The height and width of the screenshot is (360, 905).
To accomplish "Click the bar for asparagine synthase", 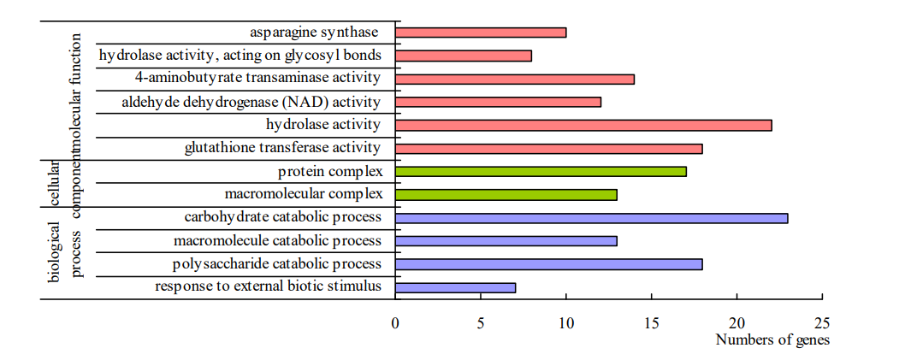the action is click(x=481, y=32).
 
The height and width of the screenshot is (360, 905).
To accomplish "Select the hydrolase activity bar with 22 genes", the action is click(x=583, y=125).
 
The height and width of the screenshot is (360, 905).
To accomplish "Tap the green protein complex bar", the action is click(x=541, y=171).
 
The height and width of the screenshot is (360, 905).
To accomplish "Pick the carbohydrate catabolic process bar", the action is click(x=592, y=218).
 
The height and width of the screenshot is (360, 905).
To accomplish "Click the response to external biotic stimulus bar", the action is click(x=455, y=287).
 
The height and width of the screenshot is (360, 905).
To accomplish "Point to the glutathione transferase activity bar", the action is click(x=549, y=148).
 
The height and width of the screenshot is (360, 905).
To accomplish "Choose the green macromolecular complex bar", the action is click(x=506, y=194).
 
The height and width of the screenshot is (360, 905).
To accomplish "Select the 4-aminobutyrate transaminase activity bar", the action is click(x=515, y=79).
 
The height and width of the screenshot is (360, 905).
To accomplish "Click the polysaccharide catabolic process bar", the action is click(x=549, y=264).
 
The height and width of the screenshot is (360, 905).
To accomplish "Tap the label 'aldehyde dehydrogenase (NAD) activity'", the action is click(x=251, y=103).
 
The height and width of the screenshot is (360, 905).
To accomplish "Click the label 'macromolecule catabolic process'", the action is click(x=277, y=240).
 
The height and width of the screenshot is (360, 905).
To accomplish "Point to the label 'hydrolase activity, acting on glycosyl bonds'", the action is click(x=240, y=56).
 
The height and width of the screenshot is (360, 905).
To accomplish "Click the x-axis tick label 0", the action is click(x=395, y=322).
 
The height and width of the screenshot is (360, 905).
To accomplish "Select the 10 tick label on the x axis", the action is click(x=566, y=322).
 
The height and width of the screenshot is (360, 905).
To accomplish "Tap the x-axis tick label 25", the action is click(x=822, y=322).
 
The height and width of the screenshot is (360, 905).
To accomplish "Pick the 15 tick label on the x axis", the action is click(x=651, y=322).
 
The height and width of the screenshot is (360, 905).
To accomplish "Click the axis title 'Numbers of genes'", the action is click(x=772, y=339).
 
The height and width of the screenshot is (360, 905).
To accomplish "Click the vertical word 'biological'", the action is click(x=56, y=251).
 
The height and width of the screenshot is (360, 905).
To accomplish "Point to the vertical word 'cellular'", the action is click(x=56, y=184).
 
